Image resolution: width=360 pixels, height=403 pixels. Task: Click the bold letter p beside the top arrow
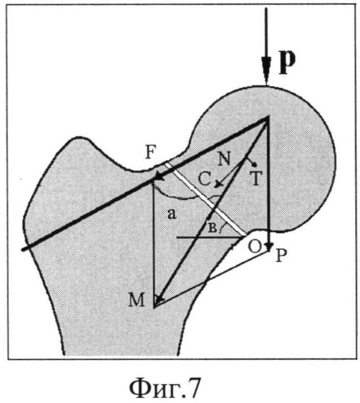pyautogui.click(x=287, y=62)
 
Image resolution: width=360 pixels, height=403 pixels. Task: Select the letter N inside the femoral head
pyautogui.click(x=225, y=159)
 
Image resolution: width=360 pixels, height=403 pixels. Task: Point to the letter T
pyautogui.click(x=256, y=178)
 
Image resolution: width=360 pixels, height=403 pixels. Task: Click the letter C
pyautogui.click(x=205, y=179)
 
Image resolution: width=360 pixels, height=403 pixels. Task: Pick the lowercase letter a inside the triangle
pyautogui.click(x=172, y=214)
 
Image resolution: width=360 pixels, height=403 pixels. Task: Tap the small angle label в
pyautogui.click(x=212, y=227)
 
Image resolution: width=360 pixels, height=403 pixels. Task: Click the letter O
pyautogui.click(x=255, y=247)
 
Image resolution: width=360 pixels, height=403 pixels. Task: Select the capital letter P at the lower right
pyautogui.click(x=281, y=256)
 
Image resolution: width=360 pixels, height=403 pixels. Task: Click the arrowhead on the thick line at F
pyautogui.click(x=160, y=178)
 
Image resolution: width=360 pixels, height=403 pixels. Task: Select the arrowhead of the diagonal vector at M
pyautogui.click(x=159, y=298)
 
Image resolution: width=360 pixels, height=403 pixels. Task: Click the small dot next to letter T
pyautogui.click(x=255, y=164)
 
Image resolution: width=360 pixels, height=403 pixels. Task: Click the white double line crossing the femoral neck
pyautogui.click(x=205, y=199)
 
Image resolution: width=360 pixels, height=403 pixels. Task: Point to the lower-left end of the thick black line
pyautogui.click(x=23, y=249)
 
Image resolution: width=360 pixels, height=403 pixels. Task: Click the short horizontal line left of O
pyautogui.click(x=209, y=237)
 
